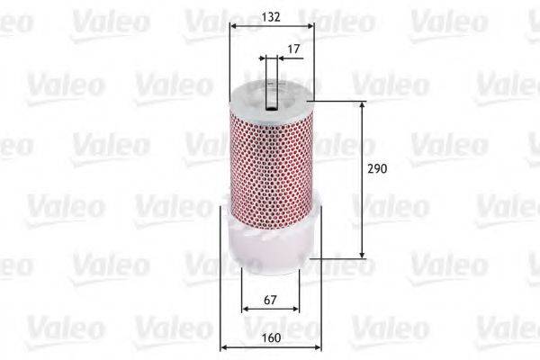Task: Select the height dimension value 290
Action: [378, 169]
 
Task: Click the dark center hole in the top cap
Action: [271, 86]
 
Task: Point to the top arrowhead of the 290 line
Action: [363, 105]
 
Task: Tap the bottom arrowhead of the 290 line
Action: [363, 256]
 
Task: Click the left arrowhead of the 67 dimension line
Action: [245, 309]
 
